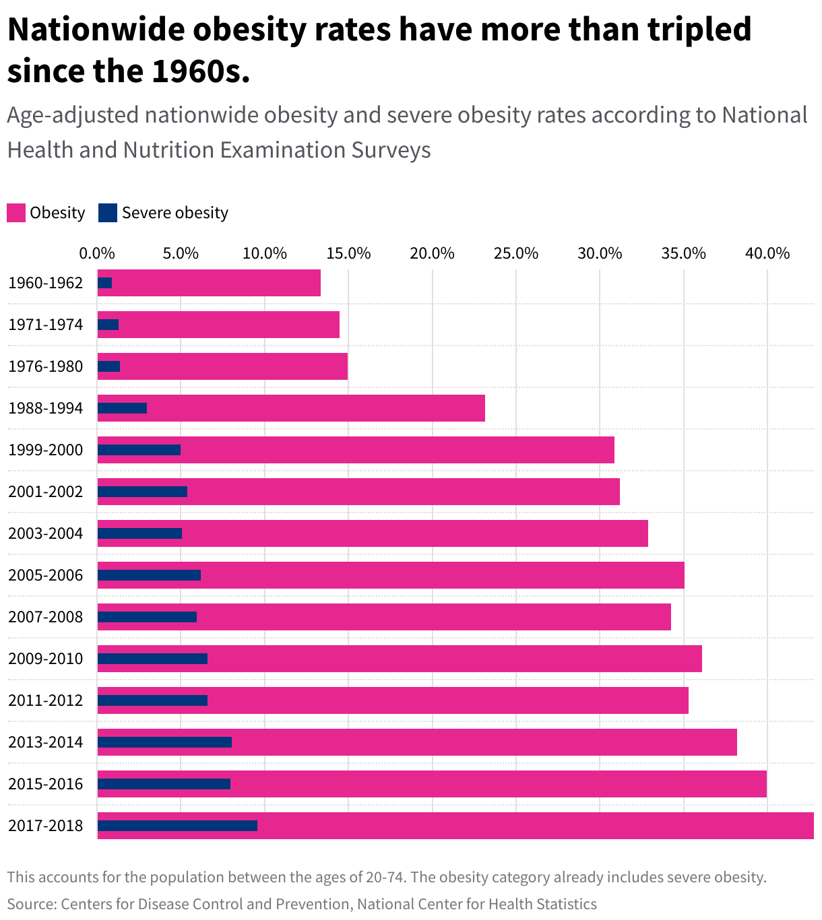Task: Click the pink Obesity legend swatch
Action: tap(16, 213)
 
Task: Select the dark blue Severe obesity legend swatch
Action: tap(108, 213)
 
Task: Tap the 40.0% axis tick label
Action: tap(767, 254)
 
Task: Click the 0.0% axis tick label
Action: tap(97, 254)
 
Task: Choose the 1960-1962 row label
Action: tap(46, 283)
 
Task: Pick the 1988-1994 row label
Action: tap(46, 408)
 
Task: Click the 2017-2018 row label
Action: tap(46, 826)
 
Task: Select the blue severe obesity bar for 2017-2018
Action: tap(177, 826)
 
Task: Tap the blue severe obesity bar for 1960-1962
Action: tap(105, 283)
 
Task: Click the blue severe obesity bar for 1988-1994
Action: tap(122, 408)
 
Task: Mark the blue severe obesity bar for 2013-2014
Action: tap(164, 742)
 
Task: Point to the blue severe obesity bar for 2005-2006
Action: tap(149, 575)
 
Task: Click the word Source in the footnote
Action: tap(31, 904)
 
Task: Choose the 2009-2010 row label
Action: tap(46, 659)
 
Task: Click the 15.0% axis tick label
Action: tap(348, 254)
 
